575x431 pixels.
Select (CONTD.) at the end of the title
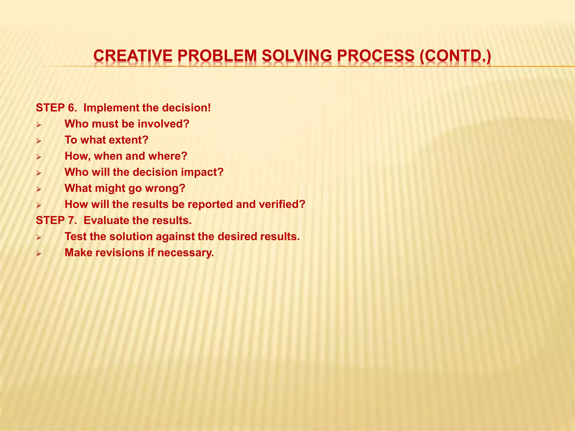click(x=455, y=56)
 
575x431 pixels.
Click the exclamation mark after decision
click(x=209, y=108)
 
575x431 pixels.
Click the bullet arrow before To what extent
click(x=39, y=141)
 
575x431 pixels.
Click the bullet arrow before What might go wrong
click(x=39, y=189)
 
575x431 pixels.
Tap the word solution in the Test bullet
click(x=131, y=237)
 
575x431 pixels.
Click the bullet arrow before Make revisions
click(x=39, y=253)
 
